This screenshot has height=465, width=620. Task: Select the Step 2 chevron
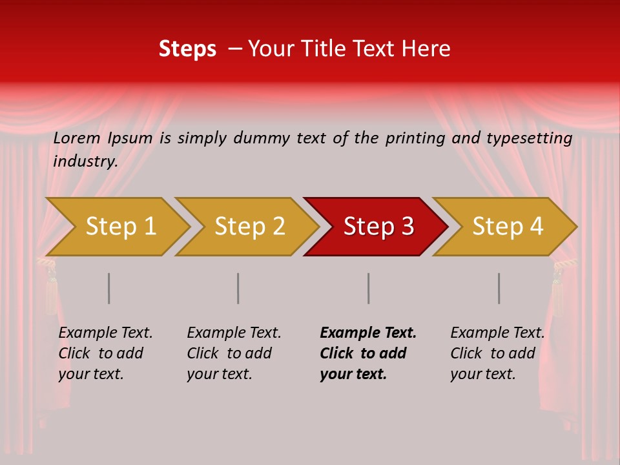tap(249, 227)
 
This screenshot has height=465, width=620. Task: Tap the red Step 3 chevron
tap(378, 227)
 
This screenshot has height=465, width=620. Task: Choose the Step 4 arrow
tap(507, 227)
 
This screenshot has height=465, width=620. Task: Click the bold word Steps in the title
tap(187, 49)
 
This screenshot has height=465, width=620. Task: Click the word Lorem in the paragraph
tap(77, 138)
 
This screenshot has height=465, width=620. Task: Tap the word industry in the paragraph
tap(84, 161)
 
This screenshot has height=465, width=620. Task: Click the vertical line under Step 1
tap(109, 288)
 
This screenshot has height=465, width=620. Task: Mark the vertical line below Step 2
tap(238, 288)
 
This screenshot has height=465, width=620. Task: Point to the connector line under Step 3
tap(369, 288)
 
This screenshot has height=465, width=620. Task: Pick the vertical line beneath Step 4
tap(499, 288)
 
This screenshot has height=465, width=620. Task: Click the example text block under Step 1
tap(105, 353)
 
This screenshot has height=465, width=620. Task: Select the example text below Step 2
tap(233, 353)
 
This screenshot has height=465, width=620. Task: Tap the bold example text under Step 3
tap(367, 353)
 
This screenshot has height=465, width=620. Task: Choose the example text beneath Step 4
tap(497, 353)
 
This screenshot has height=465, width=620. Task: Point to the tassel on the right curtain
tap(558, 291)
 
